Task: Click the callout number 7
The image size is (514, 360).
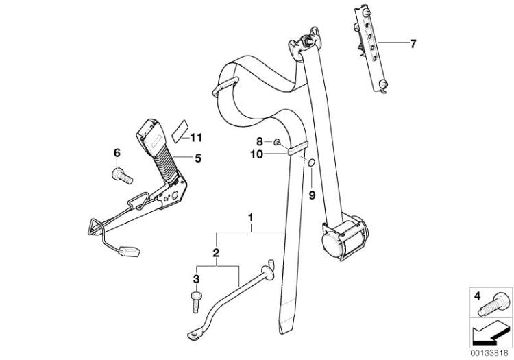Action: point(413,44)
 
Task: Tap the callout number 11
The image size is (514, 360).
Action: point(196,138)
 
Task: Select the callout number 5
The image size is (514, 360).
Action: point(198,158)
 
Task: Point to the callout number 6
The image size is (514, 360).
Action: point(117,153)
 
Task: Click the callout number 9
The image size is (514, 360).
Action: point(312,195)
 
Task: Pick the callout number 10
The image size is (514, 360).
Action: point(257,154)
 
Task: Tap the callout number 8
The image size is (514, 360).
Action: point(259,142)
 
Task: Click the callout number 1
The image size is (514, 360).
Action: point(251,217)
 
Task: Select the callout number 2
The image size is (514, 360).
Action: point(216,253)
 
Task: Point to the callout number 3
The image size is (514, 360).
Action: point(197,279)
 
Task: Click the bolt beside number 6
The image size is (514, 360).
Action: point(122,176)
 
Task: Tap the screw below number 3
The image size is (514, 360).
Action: point(196,302)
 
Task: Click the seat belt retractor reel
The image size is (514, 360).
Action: point(344,235)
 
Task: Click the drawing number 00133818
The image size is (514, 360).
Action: point(490,353)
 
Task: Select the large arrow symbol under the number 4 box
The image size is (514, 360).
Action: point(490,333)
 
